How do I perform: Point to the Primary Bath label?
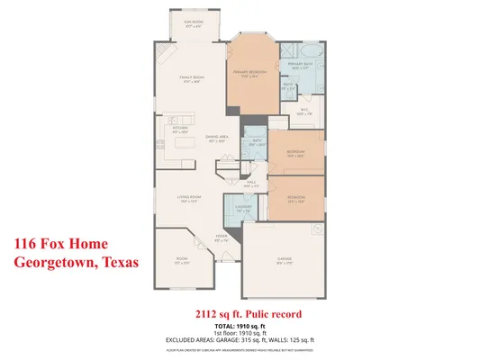tap(299, 66)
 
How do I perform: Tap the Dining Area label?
tap(217, 139)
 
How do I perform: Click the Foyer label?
tap(222, 238)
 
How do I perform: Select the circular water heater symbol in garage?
tap(316, 230)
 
